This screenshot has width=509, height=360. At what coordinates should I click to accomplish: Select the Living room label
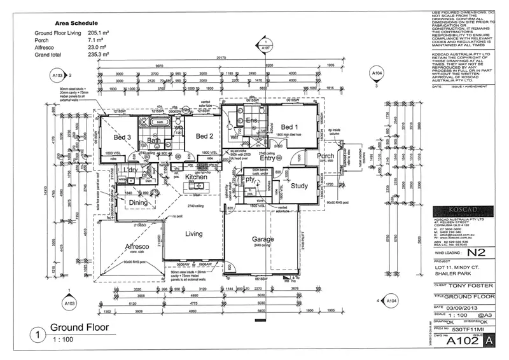[193, 233]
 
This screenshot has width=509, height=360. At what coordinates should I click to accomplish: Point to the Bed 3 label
[122, 137]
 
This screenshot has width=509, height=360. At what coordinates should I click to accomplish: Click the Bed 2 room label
[204, 136]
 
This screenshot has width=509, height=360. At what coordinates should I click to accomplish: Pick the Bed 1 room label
[289, 127]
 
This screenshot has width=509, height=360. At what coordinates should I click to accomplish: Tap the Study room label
[299, 186]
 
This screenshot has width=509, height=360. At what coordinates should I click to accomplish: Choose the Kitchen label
[197, 177]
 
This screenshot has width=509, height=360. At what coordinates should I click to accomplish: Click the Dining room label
[139, 203]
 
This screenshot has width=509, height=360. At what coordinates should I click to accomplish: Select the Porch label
[325, 156]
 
